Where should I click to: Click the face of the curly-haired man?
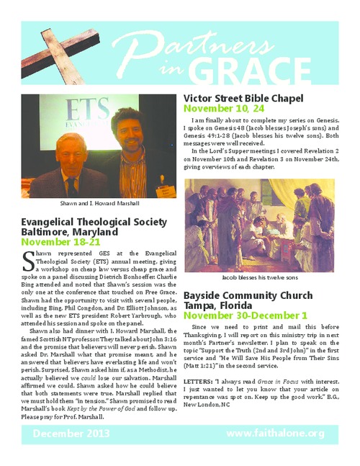point(132,133)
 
